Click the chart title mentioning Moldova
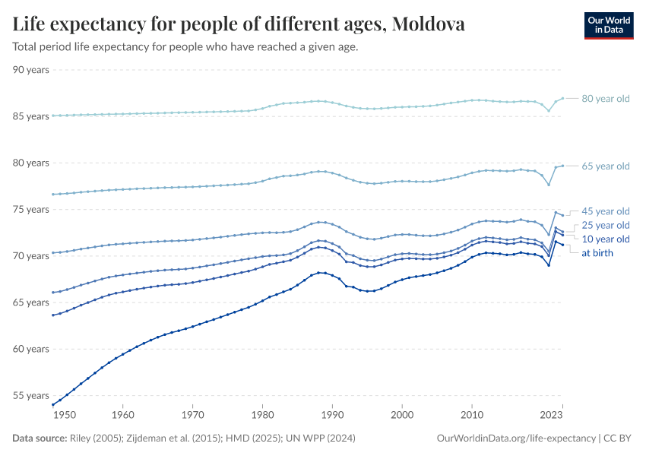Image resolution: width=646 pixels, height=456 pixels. [239, 24]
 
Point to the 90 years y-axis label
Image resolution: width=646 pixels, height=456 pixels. [31, 70]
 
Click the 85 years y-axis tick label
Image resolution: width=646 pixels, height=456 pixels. [31, 116]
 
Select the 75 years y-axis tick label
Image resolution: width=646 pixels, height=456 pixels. [31, 210]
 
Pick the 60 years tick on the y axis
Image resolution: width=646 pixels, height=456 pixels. [31, 349]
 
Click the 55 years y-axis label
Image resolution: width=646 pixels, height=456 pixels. [31, 396]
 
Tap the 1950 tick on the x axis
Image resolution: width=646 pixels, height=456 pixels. [65, 416]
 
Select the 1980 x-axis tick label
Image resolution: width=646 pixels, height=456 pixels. [262, 416]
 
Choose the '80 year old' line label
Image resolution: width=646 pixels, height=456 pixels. [606, 99]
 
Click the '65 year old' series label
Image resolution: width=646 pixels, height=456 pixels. [606, 166]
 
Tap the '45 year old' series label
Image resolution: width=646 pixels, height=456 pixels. [606, 211]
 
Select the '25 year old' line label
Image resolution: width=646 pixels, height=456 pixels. [606, 225]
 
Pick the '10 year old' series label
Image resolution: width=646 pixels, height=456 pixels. [606, 239]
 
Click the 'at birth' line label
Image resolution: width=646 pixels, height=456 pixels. [597, 253]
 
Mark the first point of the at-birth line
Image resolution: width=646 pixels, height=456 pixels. [52, 404]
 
